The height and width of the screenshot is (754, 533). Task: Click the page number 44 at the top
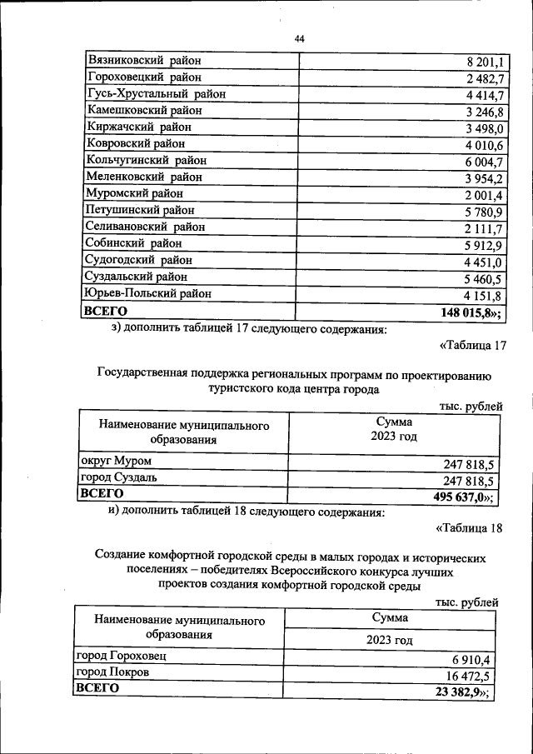tap(300, 38)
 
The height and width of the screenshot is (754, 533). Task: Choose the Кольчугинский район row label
tap(146, 160)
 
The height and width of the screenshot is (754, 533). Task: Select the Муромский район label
tap(137, 193)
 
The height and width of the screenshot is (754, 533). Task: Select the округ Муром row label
tap(116, 461)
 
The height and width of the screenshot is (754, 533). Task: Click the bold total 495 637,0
tap(457, 497)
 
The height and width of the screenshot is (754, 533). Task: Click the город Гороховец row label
tap(120, 657)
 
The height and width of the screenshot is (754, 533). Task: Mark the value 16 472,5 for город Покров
tap(466, 675)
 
